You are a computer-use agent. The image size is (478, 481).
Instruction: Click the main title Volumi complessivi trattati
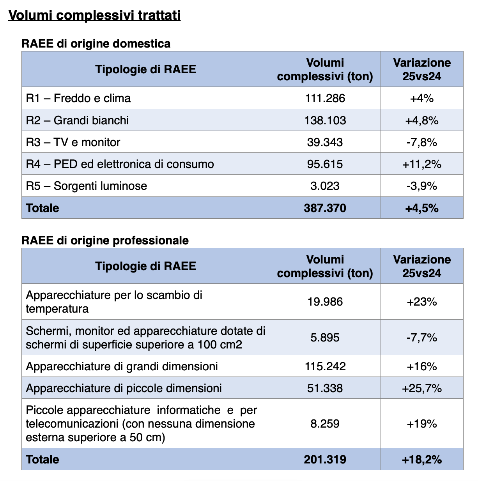pyautogui.click(x=94, y=15)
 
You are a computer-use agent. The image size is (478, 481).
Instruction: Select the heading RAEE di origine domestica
pyautogui.click(x=96, y=44)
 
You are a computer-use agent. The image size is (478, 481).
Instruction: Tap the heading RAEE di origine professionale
pyautogui.click(x=105, y=240)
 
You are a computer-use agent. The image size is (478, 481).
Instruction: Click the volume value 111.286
pyautogui.click(x=325, y=98)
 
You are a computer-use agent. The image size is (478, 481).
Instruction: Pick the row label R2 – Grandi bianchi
pyautogui.click(x=77, y=120)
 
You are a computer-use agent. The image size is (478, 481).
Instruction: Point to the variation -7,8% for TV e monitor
pyautogui.click(x=422, y=142)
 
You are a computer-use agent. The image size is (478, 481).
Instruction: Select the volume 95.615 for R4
pyautogui.click(x=325, y=164)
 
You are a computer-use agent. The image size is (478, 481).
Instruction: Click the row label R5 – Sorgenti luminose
pyautogui.click(x=87, y=186)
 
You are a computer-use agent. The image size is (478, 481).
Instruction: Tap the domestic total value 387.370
pyautogui.click(x=325, y=208)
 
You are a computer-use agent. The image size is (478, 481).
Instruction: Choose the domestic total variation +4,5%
pyautogui.click(x=422, y=208)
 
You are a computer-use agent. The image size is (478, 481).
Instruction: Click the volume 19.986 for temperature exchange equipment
pyautogui.click(x=325, y=302)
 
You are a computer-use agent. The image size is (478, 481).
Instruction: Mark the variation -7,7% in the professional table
pyautogui.click(x=422, y=337)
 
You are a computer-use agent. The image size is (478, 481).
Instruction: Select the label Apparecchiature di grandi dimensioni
pyautogui.click(x=122, y=366)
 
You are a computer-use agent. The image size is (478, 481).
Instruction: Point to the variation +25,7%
pyautogui.click(x=422, y=388)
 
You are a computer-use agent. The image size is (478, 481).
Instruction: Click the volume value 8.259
pyautogui.click(x=325, y=424)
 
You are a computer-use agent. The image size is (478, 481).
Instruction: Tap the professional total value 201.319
pyautogui.click(x=325, y=460)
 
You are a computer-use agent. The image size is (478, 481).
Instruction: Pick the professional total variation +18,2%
pyautogui.click(x=422, y=460)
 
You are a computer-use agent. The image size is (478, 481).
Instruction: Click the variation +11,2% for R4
pyautogui.click(x=422, y=164)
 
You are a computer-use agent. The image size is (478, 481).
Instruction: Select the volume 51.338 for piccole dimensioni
pyautogui.click(x=325, y=388)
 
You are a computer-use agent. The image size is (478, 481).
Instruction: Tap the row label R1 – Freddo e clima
pyautogui.click(x=78, y=98)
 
